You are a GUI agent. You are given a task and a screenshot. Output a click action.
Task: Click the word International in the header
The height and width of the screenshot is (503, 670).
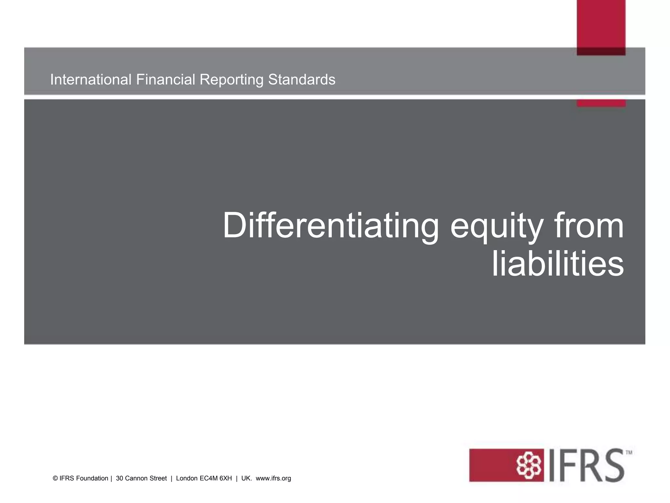tap(91, 80)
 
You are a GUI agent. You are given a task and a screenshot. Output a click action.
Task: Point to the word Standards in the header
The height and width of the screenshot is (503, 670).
tap(302, 80)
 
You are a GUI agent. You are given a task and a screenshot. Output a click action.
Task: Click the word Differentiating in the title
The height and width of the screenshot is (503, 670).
tap(330, 226)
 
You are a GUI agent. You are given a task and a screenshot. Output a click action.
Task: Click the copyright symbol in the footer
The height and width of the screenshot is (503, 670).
tap(55, 478)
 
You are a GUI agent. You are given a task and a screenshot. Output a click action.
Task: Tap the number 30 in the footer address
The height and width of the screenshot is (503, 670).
tap(119, 478)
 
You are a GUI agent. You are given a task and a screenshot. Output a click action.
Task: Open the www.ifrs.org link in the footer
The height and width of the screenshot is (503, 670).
tap(273, 478)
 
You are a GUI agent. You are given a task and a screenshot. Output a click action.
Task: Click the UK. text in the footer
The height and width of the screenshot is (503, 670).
tap(246, 478)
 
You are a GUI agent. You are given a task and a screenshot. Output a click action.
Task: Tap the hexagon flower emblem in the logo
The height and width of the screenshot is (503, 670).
tap(528, 465)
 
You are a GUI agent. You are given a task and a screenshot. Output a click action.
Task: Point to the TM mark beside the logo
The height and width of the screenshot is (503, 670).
tap(629, 453)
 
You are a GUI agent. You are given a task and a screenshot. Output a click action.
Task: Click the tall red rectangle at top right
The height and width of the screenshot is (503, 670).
tap(601, 26)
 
